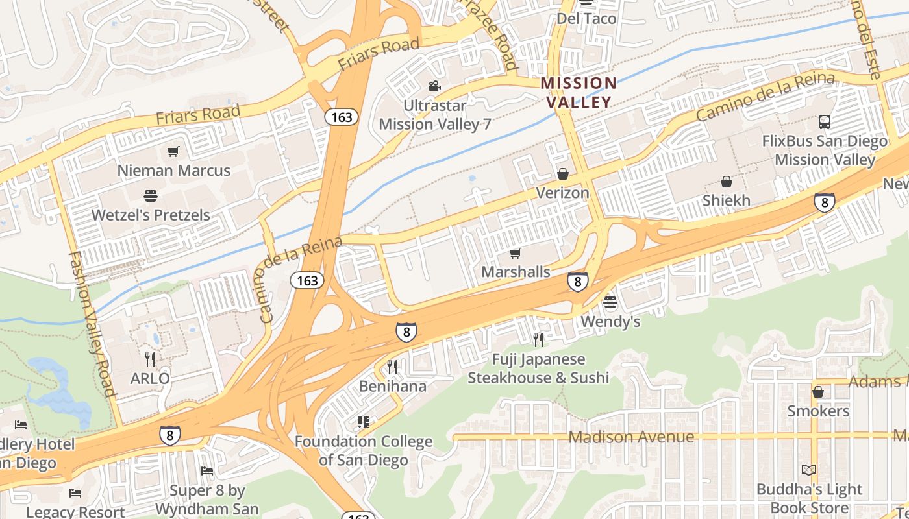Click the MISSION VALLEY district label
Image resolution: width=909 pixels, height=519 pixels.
[x=578, y=92]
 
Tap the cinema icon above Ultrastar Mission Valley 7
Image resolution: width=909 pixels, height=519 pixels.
[x=434, y=86]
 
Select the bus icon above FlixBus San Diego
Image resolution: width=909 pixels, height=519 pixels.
[x=824, y=121]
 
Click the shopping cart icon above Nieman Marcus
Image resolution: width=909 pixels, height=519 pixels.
[x=173, y=151]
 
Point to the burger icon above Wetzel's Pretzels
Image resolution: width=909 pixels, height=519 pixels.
[x=151, y=195]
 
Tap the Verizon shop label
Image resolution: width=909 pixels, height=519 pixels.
[x=562, y=193]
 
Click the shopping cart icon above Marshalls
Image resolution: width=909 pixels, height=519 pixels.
[x=516, y=253]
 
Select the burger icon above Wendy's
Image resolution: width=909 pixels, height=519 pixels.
[x=610, y=302]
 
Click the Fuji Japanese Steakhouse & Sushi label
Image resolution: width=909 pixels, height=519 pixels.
[x=538, y=368]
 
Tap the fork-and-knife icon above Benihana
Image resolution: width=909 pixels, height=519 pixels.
[x=392, y=367]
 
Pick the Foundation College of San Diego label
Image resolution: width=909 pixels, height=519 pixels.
[x=363, y=451]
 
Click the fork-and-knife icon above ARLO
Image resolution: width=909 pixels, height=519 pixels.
[x=150, y=359]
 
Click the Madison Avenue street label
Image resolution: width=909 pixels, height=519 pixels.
[x=631, y=437]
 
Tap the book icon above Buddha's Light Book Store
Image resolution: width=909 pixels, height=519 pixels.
[x=809, y=470]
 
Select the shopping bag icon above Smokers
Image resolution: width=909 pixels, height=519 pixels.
[x=818, y=392]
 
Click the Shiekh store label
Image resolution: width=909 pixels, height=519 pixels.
[x=726, y=200]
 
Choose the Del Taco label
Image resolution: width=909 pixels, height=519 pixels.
[x=586, y=18]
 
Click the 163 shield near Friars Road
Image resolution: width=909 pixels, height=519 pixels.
[x=342, y=117]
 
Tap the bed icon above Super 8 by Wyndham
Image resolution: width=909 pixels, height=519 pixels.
[x=207, y=470]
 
